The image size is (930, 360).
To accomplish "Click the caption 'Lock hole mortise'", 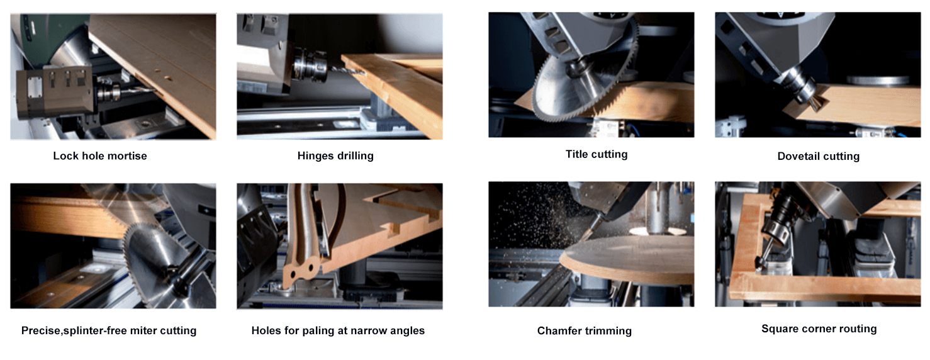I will [x=99, y=155].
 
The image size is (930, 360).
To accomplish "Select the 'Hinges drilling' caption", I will [x=335, y=155].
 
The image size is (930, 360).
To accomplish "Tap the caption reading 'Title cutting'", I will [x=596, y=154].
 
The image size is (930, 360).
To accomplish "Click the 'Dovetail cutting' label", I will [x=818, y=156].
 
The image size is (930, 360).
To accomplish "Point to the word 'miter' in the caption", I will [x=138, y=330].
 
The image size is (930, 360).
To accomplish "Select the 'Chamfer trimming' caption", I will [x=584, y=330].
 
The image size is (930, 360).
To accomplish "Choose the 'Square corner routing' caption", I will [x=819, y=329].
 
